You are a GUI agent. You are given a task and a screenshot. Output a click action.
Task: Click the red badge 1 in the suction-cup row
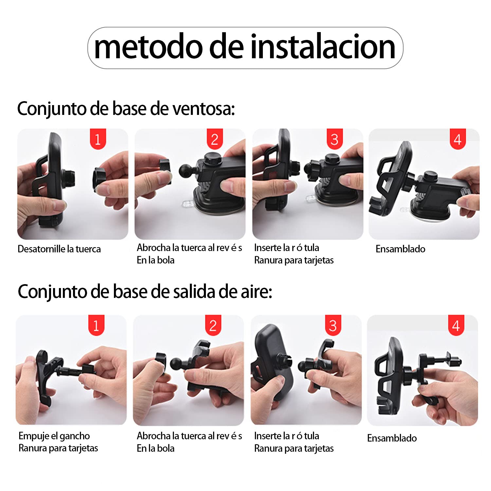click(x=98, y=139)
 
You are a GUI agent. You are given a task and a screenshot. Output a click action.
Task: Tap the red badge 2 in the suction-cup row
click(x=215, y=139)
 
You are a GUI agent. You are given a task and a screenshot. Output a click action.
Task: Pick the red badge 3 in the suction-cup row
click(x=335, y=139)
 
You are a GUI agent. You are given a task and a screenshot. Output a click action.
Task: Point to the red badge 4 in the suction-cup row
click(x=458, y=139)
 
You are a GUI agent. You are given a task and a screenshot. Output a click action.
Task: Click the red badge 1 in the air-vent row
click(x=96, y=325)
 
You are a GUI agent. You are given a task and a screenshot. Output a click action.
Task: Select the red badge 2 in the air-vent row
click(x=213, y=325)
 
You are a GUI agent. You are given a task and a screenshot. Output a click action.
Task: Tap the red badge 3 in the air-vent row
click(x=333, y=325)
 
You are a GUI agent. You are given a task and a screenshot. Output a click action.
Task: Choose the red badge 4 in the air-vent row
click(x=456, y=325)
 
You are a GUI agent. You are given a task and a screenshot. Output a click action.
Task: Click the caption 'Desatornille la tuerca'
click(x=59, y=249)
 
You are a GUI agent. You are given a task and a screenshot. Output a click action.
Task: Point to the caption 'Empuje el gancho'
click(x=54, y=436)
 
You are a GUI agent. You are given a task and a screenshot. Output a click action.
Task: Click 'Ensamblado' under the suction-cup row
click(x=400, y=249)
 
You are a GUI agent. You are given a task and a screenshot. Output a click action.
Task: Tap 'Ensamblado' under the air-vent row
click(x=392, y=438)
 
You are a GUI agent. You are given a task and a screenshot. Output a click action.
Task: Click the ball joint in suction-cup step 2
click(x=187, y=170)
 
